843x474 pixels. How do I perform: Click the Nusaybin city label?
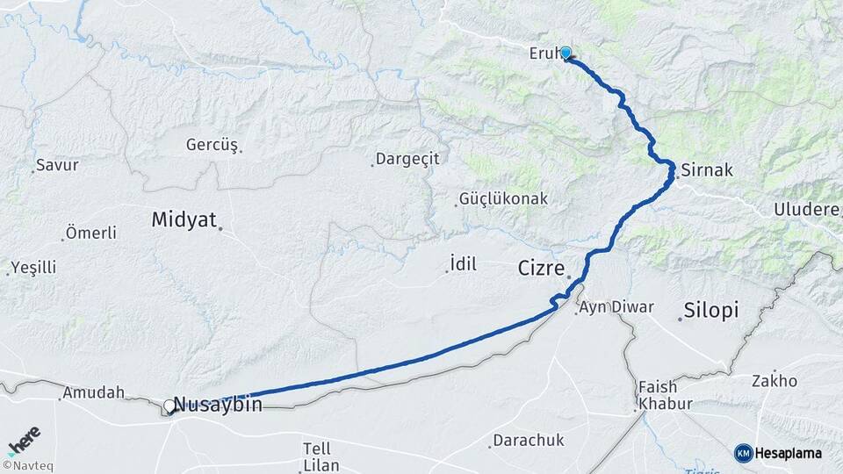pyautogui.click(x=218, y=405)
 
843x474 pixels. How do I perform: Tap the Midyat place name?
pyautogui.click(x=184, y=219)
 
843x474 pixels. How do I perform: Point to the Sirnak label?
pyautogui.click(x=706, y=169)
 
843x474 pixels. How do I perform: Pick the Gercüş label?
pyautogui.click(x=212, y=145)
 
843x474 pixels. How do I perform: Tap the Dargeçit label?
pyautogui.click(x=407, y=159)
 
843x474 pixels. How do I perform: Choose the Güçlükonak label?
pyautogui.click(x=505, y=199)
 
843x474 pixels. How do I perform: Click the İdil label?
pyautogui.click(x=463, y=263)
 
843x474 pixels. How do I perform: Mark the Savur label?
pyautogui.click(x=59, y=165)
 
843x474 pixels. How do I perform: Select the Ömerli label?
pyautogui.click(x=90, y=233)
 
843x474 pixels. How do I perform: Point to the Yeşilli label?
pyautogui.click(x=34, y=268)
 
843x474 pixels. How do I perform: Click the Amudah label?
pyautogui.click(x=92, y=393)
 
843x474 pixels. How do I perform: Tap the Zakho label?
pyautogui.click(x=775, y=381)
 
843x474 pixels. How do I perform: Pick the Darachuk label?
pyautogui.click(x=528, y=440)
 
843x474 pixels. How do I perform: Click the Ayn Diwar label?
pyautogui.click(x=609, y=308)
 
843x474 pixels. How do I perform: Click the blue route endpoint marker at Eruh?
pyautogui.click(x=566, y=53)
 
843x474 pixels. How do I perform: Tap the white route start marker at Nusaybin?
pyautogui.click(x=169, y=406)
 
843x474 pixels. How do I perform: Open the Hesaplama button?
pyautogui.click(x=779, y=453)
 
